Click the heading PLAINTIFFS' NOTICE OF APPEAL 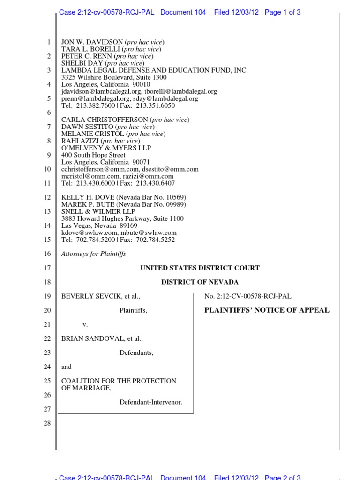[x=267, y=310]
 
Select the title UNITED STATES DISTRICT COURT [x=200, y=268]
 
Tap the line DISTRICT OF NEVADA [x=200, y=282]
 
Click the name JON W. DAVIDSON [x=89, y=42]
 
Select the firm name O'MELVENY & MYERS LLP [x=106, y=148]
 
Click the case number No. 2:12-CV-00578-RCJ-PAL [x=248, y=296]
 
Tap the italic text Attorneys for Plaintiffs [x=94, y=254]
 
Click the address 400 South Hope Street [x=93, y=155]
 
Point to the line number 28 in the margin [x=47, y=423]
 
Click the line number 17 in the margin [x=47, y=268]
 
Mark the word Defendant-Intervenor [x=150, y=402]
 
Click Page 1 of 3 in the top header [x=283, y=13]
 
